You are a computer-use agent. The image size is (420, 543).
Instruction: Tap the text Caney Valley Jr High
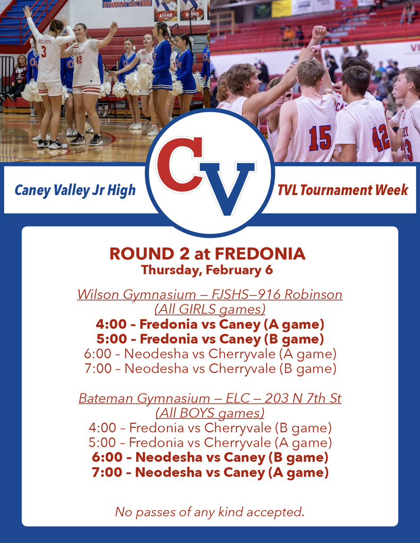tap(75, 190)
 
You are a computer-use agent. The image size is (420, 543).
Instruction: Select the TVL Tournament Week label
tap(343, 190)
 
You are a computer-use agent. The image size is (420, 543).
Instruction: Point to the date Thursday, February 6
tap(207, 270)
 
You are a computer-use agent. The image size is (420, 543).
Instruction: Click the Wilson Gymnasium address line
tap(210, 294)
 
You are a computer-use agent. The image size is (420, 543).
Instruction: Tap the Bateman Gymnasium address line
tap(210, 398)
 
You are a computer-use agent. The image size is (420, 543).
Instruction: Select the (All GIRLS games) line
tap(210, 309)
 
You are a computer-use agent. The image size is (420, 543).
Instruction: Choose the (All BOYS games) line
tap(210, 413)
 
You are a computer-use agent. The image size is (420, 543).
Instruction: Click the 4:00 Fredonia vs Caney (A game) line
tap(210, 324)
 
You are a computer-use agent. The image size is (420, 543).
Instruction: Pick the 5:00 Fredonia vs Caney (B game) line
tap(210, 339)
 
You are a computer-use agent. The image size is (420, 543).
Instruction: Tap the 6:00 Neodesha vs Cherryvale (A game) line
tap(210, 354)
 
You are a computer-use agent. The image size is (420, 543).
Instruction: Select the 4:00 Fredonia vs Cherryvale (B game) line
tap(210, 427)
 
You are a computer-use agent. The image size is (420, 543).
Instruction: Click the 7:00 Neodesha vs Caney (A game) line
tap(210, 472)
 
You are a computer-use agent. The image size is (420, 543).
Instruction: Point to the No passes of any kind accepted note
tap(210, 512)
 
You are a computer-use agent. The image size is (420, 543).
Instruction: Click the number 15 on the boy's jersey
tap(320, 137)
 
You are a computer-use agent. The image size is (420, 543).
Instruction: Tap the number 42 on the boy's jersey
tap(381, 137)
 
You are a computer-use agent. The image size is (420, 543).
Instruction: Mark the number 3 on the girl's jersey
tap(44, 52)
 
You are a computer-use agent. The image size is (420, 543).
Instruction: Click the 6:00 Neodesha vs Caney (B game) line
tap(210, 457)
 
